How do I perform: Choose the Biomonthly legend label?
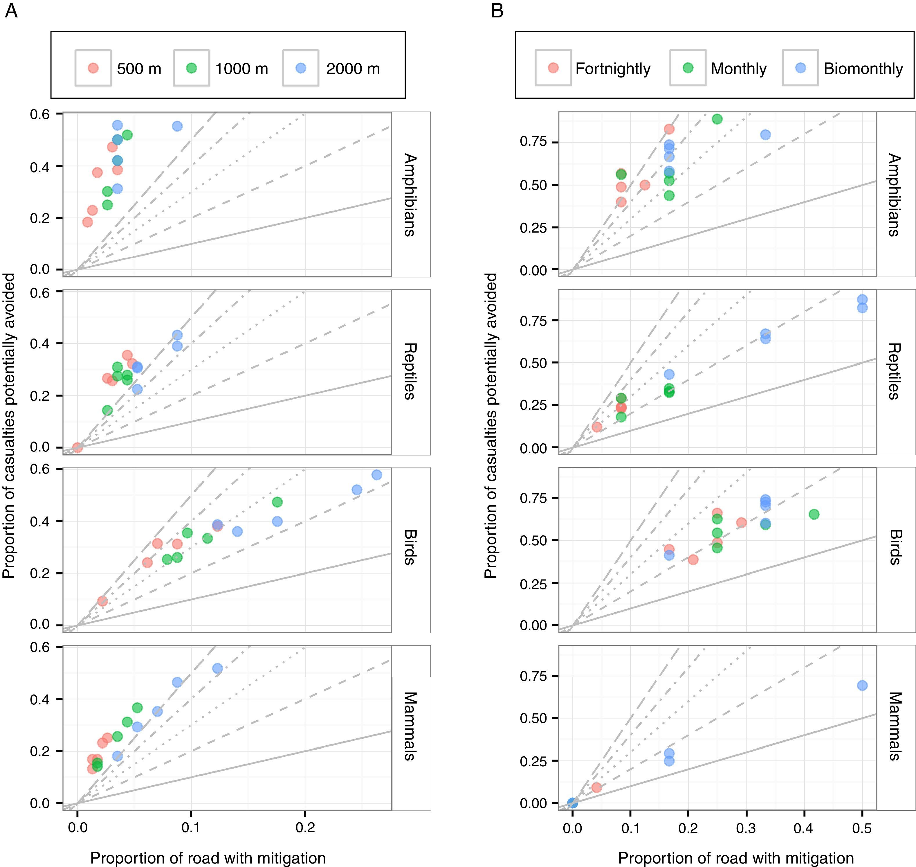[x=863, y=69]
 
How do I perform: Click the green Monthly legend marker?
[x=688, y=68]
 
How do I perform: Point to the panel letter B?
[x=497, y=10]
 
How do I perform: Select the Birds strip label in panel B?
[x=895, y=547]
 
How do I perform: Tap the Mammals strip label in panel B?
[x=895, y=726]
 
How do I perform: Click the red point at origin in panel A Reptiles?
[x=77, y=447]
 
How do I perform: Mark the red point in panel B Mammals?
[x=596, y=787]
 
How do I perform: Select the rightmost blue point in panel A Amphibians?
[x=177, y=126]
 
